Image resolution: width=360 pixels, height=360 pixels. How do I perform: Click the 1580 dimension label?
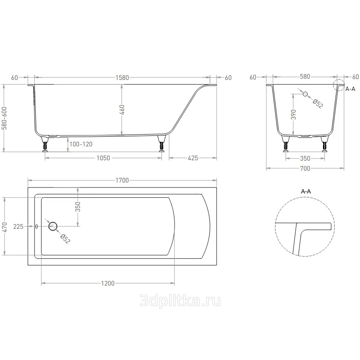click(x=122, y=78)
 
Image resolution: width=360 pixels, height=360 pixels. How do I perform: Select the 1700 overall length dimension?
click(x=122, y=180)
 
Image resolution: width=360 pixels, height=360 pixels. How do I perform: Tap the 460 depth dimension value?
click(x=122, y=110)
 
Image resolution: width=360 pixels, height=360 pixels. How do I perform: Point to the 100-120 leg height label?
click(x=81, y=144)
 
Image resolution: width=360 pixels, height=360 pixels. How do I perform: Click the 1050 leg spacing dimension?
click(x=103, y=158)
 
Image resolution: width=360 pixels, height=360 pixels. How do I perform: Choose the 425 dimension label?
click(x=193, y=158)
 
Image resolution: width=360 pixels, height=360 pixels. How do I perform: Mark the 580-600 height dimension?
click(x=4, y=118)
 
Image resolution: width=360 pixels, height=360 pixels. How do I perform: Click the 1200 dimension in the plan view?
click(x=108, y=283)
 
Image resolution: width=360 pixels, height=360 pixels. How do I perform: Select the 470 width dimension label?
click(x=5, y=227)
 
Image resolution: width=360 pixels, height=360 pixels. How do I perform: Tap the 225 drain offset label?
click(x=19, y=227)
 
